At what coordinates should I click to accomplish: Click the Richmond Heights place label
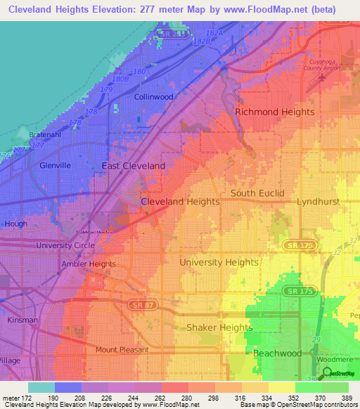point(274,112)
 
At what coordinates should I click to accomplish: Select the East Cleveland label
point(134,166)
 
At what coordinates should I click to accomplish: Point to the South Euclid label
point(257,193)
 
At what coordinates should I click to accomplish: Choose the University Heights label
point(219,262)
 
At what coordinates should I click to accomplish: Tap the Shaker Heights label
point(219,327)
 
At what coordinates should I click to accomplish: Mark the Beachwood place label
point(277,353)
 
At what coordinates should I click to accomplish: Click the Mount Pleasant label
point(122,349)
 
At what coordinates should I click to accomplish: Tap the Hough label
point(15,224)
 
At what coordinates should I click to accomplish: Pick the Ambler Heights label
point(88,264)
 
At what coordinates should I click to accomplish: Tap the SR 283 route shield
point(169,33)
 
